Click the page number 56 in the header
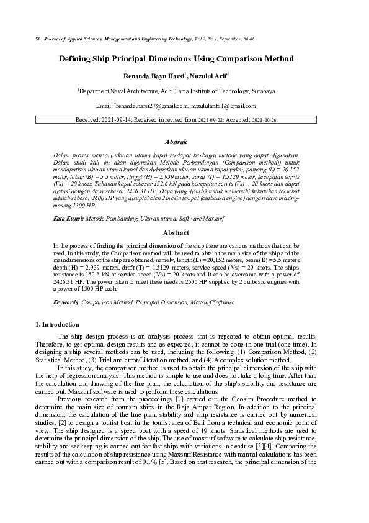point(38,39)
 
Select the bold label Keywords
point(66,302)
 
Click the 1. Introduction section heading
point(57,324)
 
